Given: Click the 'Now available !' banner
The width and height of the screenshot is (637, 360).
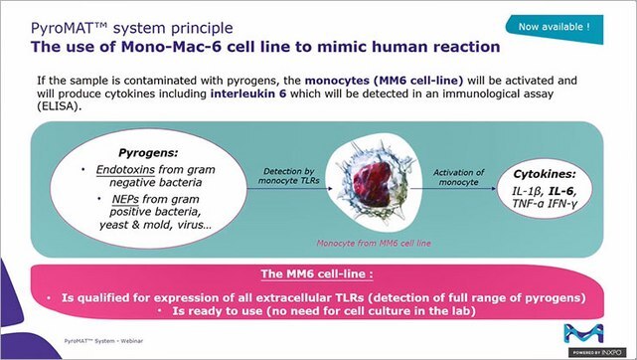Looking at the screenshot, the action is [555, 28].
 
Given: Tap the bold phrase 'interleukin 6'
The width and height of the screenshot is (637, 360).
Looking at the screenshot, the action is [248, 93].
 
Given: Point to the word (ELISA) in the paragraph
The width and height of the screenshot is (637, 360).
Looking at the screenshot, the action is [59, 106].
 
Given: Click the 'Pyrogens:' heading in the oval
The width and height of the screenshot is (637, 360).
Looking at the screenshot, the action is [148, 153].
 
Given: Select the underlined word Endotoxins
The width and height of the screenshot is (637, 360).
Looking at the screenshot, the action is [125, 169].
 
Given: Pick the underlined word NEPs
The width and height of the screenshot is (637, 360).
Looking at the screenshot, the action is [125, 199].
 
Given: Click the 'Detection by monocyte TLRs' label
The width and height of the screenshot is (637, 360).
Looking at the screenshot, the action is [289, 176].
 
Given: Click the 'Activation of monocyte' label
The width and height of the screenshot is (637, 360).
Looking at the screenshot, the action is [459, 178].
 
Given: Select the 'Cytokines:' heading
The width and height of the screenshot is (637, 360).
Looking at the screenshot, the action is [545, 174].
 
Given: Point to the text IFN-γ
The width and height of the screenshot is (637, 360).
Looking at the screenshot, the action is [562, 203].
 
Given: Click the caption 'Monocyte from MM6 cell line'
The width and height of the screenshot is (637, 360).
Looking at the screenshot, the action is [374, 244].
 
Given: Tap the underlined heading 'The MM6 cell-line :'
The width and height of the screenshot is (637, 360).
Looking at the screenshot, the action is [317, 273].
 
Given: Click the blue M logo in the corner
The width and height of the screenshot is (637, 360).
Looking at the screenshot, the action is [583, 333].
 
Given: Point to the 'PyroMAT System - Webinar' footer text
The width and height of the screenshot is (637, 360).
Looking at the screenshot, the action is [103, 341].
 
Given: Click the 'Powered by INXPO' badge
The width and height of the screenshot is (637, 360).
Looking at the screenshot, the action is [597, 352].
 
